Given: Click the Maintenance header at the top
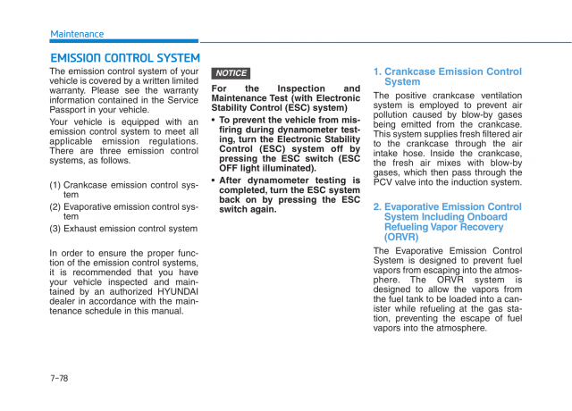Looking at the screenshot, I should pos(77,34).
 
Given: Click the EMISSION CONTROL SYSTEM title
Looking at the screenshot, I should pos(124,58).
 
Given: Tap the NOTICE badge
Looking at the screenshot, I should pos(231,73).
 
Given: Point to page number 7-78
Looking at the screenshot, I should pos(59,378).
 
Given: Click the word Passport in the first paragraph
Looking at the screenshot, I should pos(71,110).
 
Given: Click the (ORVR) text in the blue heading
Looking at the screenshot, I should pos(401,238).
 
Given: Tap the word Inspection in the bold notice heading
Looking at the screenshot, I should pos(301,88).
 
